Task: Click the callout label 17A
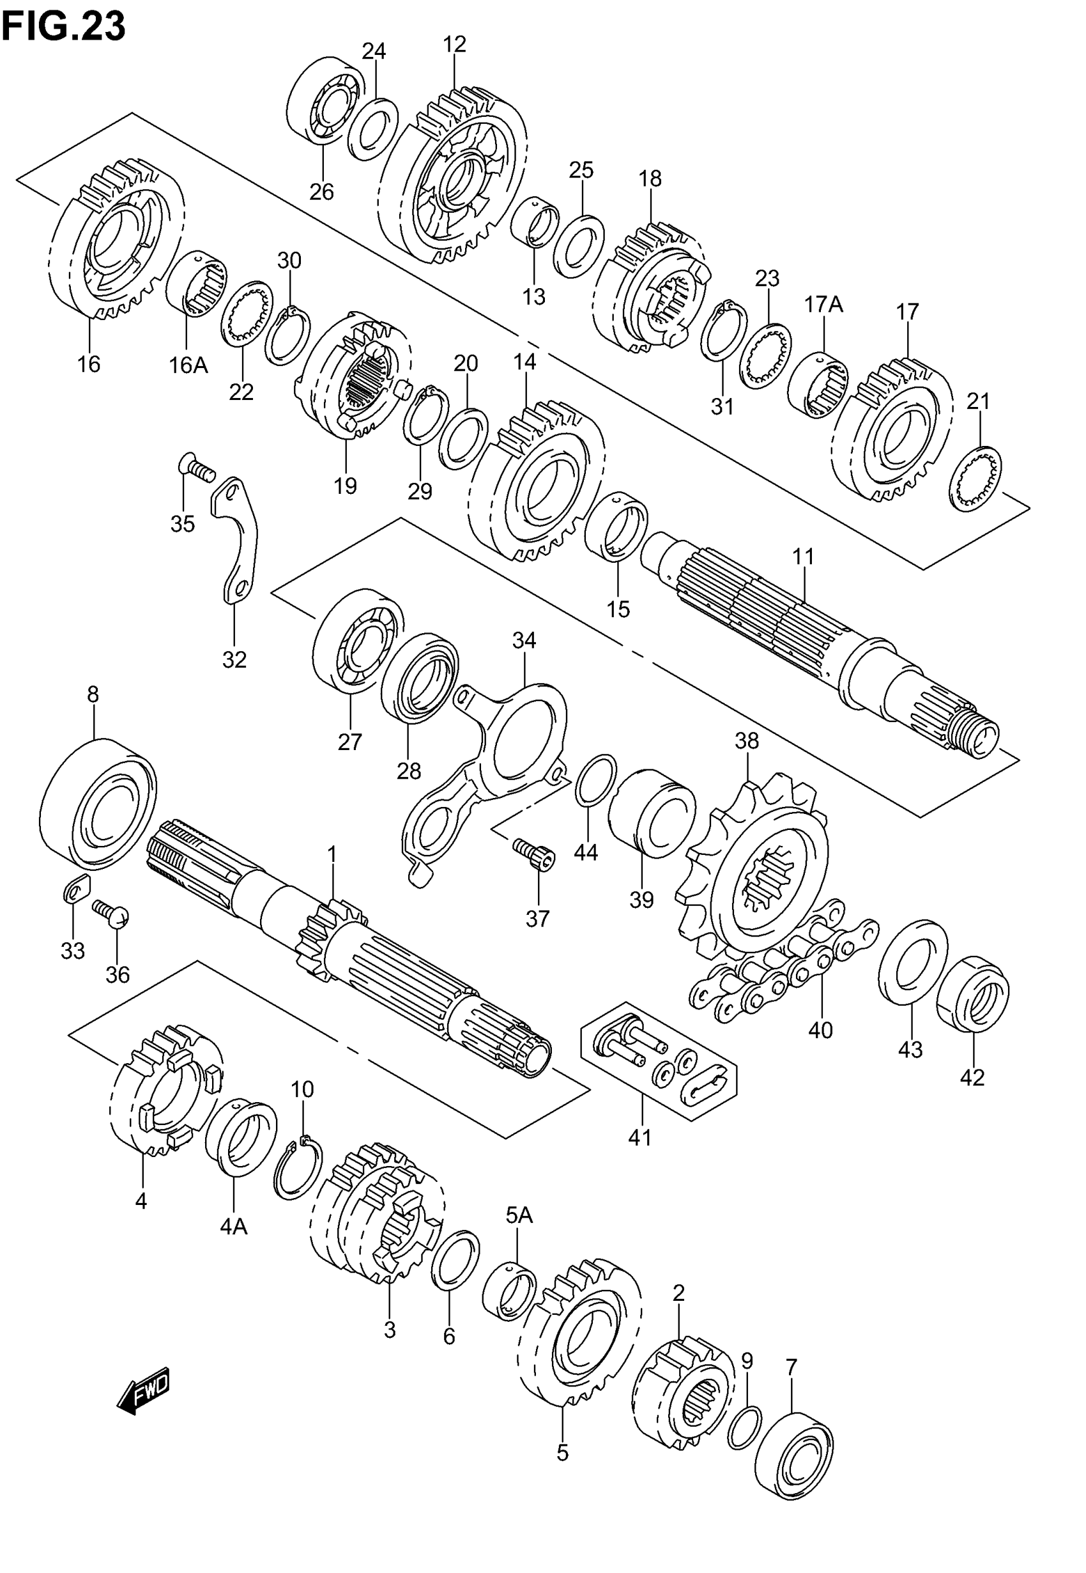click(823, 304)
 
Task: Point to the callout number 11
click(803, 556)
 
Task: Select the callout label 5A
click(519, 1214)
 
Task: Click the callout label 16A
click(188, 365)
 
